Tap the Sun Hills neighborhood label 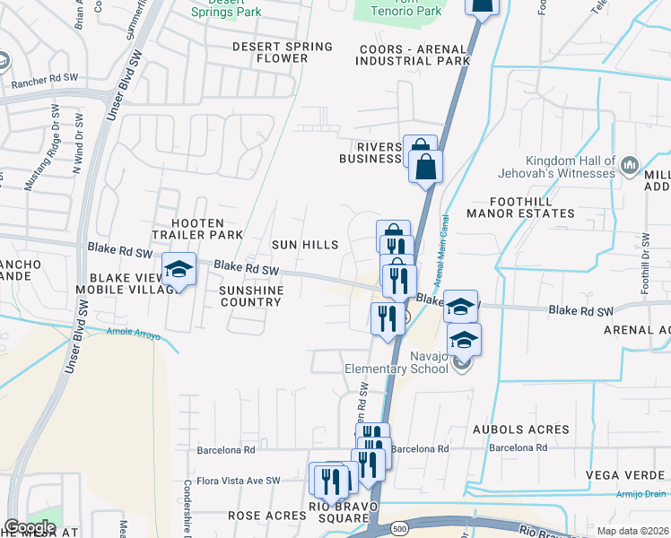pyautogui.click(x=306, y=245)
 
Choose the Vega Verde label pyautogui.click(x=627, y=474)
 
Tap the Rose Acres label pyautogui.click(x=266, y=516)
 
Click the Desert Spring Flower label pyautogui.click(x=282, y=52)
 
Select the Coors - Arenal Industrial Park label pyautogui.click(x=413, y=55)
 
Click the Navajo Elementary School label pyautogui.click(x=396, y=362)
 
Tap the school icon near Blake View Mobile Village pyautogui.click(x=179, y=269)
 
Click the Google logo pyautogui.click(x=30, y=527)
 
